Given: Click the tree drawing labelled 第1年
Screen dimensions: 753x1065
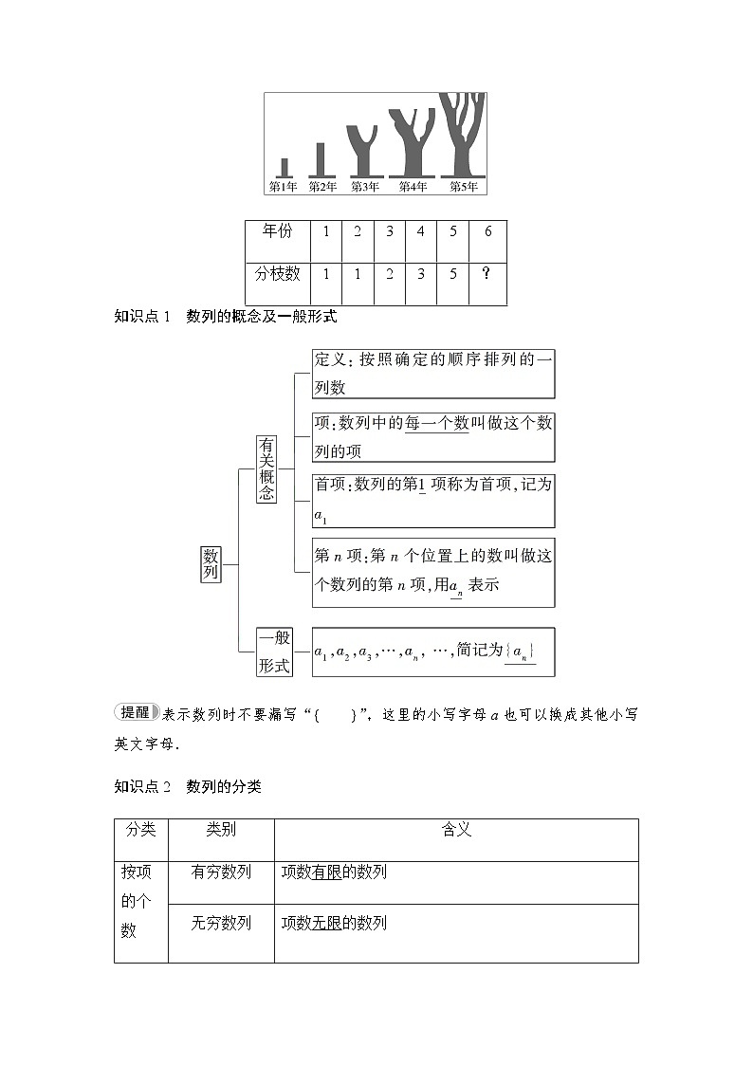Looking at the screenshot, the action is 284,167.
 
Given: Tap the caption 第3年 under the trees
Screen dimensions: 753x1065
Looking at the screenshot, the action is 365,187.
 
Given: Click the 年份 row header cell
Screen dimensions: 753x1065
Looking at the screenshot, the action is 277,232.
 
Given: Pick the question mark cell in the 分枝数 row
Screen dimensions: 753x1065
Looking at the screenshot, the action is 487,274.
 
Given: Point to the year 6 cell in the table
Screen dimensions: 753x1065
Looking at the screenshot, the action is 487,232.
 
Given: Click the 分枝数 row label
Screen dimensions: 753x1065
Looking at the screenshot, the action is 277,274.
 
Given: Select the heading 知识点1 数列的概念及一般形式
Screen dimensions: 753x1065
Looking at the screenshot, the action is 225,317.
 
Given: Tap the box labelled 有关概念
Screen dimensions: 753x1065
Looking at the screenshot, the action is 266,468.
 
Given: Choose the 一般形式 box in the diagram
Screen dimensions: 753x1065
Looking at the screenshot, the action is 274,652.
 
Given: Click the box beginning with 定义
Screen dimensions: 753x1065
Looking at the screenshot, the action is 433,374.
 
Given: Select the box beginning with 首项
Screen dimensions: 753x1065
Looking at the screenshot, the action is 433,501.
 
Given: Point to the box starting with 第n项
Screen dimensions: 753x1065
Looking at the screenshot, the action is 433,572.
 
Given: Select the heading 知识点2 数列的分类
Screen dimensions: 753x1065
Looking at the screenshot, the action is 187,786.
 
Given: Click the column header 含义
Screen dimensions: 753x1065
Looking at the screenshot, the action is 456,830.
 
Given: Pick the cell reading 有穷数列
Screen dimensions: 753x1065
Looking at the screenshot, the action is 221,872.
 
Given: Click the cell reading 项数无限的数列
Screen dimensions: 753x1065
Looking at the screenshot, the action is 335,923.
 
